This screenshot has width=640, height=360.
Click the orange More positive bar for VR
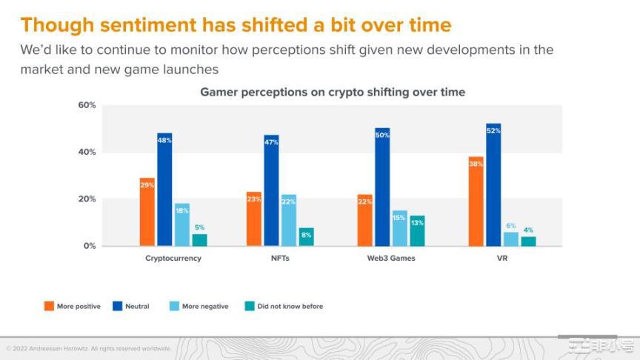click(x=475, y=201)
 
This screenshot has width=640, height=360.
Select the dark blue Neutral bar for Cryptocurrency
click(x=164, y=190)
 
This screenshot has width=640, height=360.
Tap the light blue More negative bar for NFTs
click(x=288, y=220)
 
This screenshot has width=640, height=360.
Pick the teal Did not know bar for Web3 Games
click(x=417, y=230)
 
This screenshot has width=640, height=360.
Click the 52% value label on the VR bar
click(x=493, y=130)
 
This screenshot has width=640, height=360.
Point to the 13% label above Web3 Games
click(x=417, y=223)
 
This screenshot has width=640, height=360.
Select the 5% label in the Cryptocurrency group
click(x=200, y=227)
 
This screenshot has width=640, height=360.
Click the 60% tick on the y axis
click(x=87, y=105)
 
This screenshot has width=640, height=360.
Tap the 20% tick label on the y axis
click(x=87, y=199)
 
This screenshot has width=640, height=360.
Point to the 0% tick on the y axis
click(x=89, y=246)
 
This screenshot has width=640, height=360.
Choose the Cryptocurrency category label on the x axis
click(x=173, y=259)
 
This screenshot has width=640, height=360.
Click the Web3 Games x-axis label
click(x=390, y=259)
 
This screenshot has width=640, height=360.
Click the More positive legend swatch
click(x=49, y=306)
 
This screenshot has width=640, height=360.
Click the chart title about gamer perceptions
click(x=333, y=92)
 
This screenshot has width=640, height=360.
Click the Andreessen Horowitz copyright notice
click(x=88, y=348)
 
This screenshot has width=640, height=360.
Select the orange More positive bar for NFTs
click(x=254, y=219)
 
